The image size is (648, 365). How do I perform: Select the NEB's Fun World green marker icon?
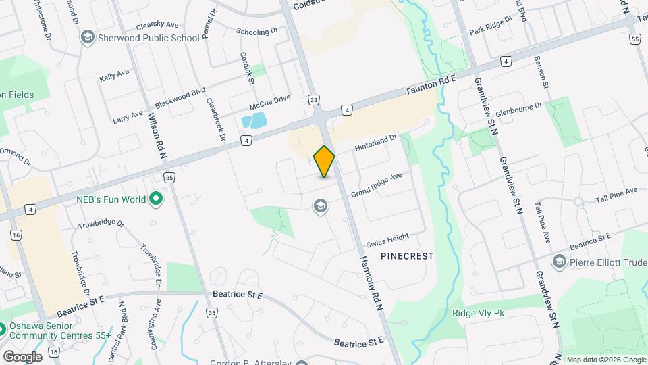coord(156,199)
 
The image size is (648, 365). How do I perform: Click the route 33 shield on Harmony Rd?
coord(313,99)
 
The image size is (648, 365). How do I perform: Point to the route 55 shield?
coord(634,39)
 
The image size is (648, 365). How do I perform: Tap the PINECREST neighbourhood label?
coord(406,256)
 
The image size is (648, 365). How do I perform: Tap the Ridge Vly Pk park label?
coord(478,314)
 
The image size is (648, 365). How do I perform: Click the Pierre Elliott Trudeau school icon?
coord(559,261)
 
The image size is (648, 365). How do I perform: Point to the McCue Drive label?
coord(269,102)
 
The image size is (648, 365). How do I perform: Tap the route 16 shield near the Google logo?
coord(54,352)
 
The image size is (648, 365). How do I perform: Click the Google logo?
coord(22,356)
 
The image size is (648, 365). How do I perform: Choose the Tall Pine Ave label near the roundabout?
coord(616,195)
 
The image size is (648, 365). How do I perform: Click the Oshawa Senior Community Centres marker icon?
coord(2,330)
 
